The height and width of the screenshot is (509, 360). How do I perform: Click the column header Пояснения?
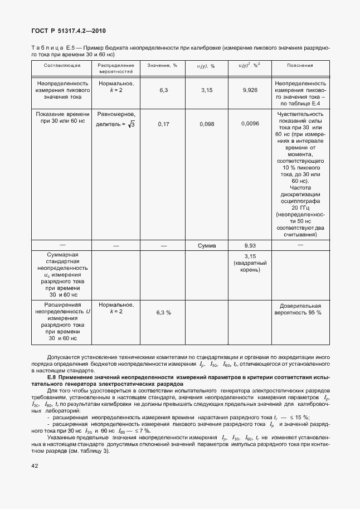[x=300, y=65]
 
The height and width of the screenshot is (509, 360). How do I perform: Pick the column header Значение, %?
[x=162, y=65]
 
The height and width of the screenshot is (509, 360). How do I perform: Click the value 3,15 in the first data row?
[x=207, y=89]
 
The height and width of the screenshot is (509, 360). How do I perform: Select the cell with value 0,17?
[x=163, y=124]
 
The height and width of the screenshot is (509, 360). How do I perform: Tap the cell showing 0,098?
[x=207, y=124]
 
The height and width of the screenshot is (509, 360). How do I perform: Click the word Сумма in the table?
[x=207, y=245]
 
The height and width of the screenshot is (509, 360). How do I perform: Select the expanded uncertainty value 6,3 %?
[x=163, y=312]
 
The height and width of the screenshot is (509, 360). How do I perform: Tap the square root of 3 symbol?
[x=132, y=124]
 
